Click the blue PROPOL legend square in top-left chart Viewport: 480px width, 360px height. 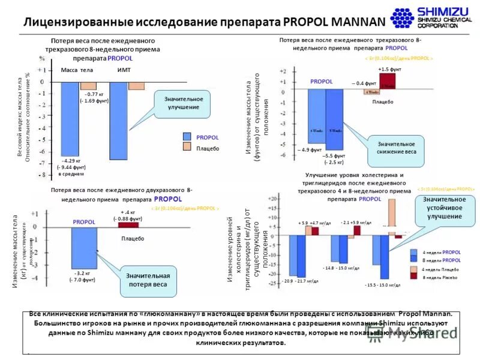[x=187, y=137]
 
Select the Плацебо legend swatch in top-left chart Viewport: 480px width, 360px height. [x=187, y=148]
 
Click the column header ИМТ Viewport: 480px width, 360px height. [x=124, y=70]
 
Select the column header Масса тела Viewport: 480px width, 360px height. [x=77, y=70]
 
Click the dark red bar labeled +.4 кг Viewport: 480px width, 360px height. [x=128, y=224]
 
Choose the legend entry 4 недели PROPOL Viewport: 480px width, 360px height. [x=441, y=253]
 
